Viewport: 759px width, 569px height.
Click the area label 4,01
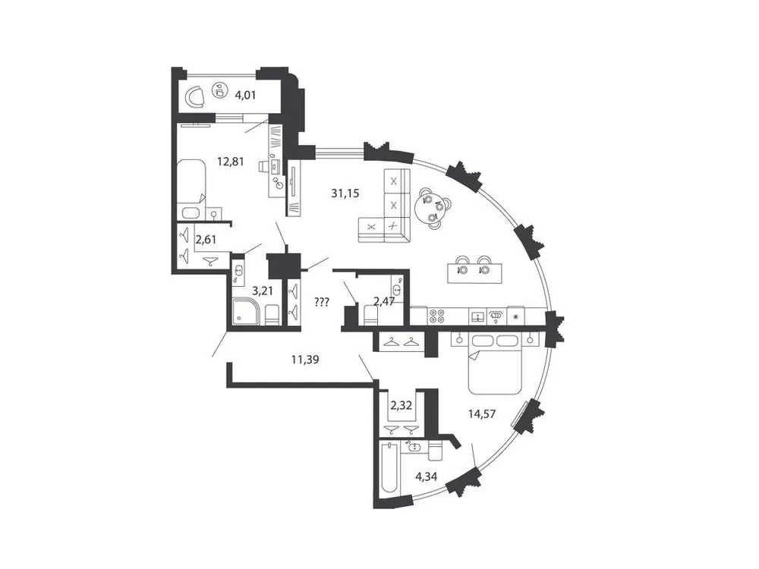coord(245,96)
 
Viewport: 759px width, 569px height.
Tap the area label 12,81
coord(230,161)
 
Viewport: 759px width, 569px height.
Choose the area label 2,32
coord(400,406)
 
